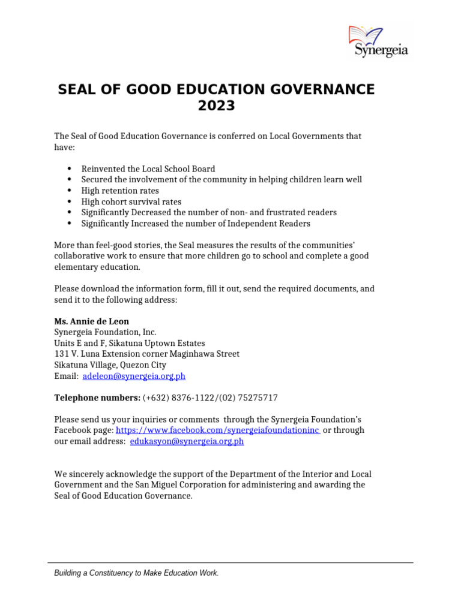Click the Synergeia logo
click(378, 42)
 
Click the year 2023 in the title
click(216, 107)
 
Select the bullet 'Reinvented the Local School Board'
click(148, 169)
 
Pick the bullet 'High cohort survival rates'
click(131, 201)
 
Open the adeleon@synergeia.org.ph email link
click(134, 376)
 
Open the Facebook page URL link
click(217, 431)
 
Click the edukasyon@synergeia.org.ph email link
click(187, 441)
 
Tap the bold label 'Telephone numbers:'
click(97, 398)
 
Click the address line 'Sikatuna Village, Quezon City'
click(110, 365)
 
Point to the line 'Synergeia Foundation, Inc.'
click(105, 332)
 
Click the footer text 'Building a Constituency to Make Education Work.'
click(136, 573)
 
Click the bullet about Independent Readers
click(196, 224)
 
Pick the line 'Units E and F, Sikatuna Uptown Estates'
click(129, 344)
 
